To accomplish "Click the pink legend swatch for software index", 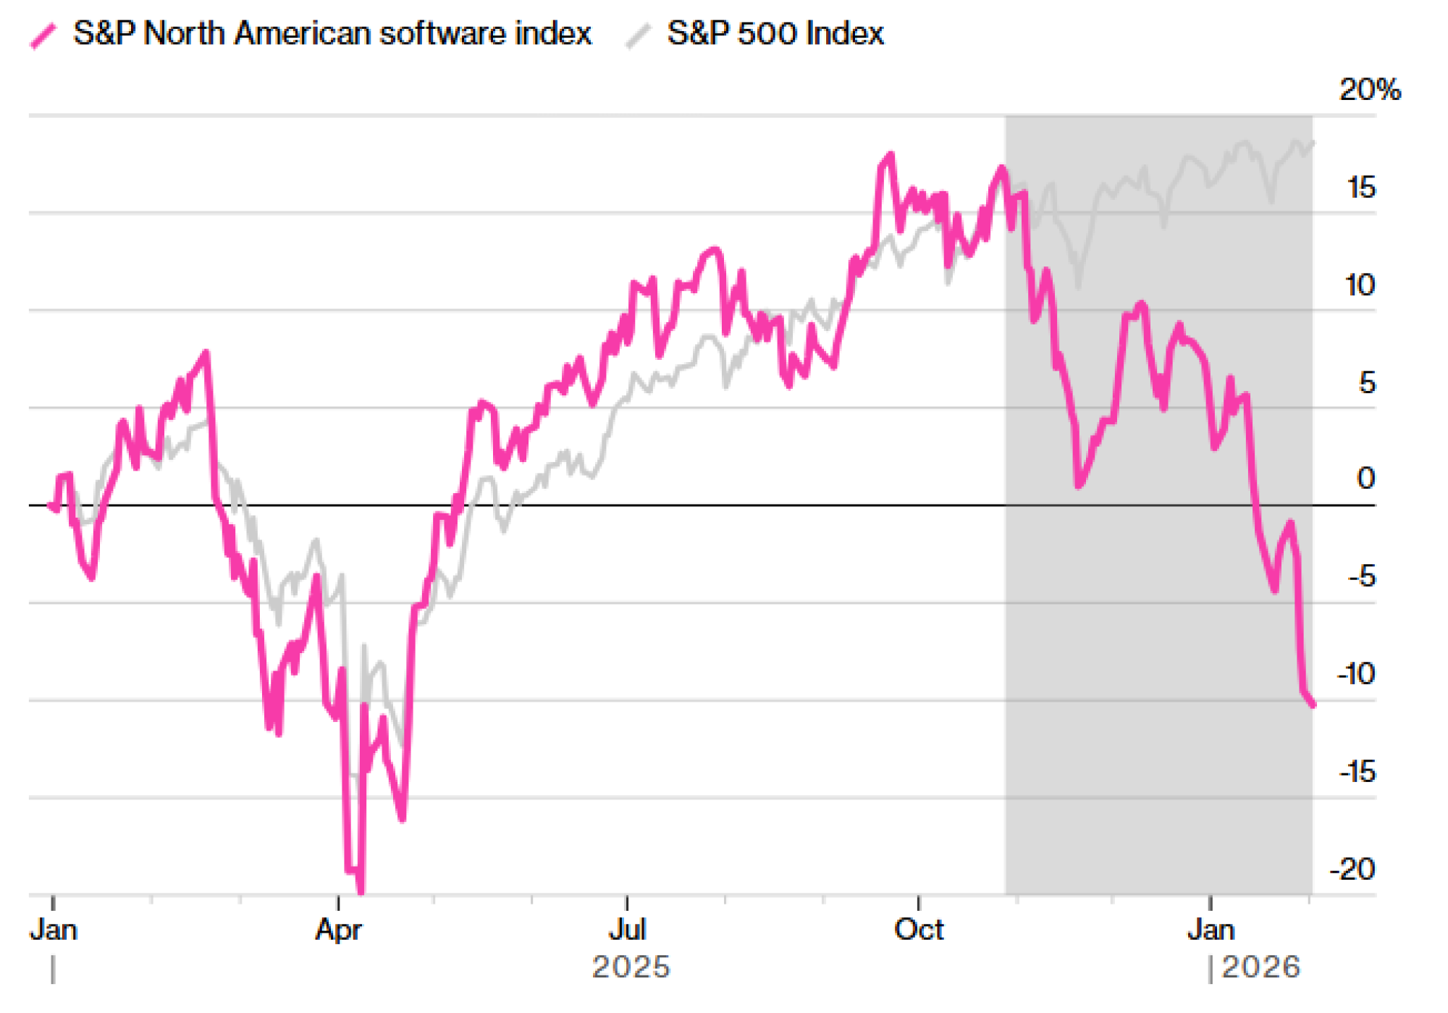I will click(x=43, y=35).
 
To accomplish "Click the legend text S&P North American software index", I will click(x=332, y=33).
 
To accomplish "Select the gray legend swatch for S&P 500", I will click(x=638, y=35).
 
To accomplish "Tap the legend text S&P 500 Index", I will click(x=775, y=33).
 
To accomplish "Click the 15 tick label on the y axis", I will click(x=1361, y=188).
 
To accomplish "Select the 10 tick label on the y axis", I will click(x=1360, y=285).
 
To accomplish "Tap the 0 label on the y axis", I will click(x=1366, y=479).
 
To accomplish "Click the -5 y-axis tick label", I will click(x=1361, y=577).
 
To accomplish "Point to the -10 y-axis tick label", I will click(x=1356, y=674).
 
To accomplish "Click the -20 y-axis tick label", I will click(x=1352, y=869).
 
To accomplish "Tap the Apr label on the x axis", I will click(x=338, y=930).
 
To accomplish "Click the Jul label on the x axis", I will click(x=627, y=930).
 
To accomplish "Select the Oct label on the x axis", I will click(x=919, y=930).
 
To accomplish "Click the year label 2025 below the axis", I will click(x=631, y=967).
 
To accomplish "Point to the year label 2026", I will click(x=1261, y=967).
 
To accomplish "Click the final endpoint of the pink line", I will click(x=1313, y=705).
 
